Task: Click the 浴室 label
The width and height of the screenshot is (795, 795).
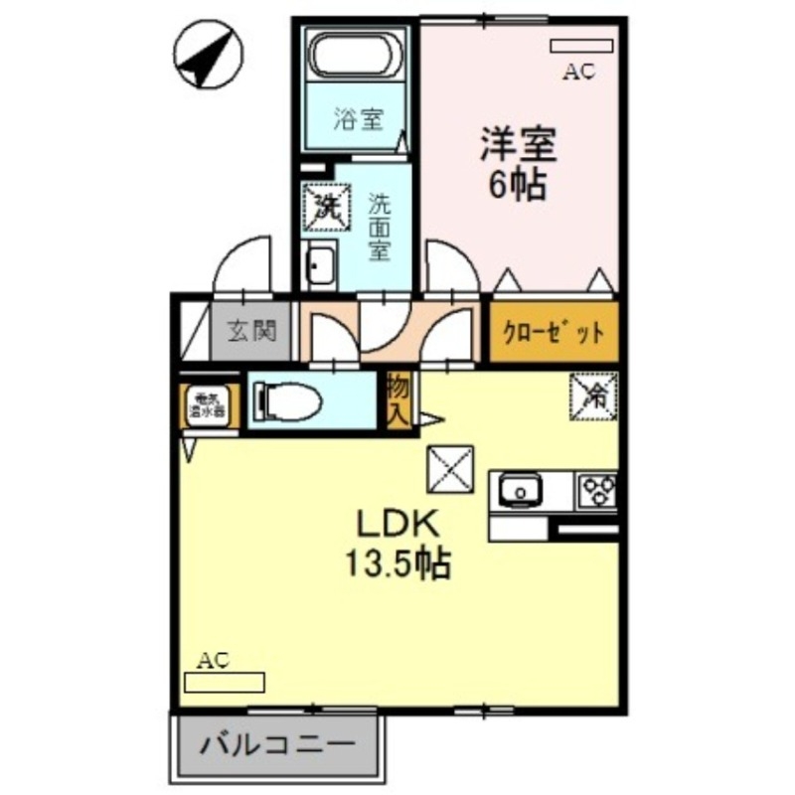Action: click(357, 119)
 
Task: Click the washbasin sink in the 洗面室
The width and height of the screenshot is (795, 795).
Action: click(321, 265)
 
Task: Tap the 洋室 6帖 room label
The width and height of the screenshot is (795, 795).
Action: click(517, 164)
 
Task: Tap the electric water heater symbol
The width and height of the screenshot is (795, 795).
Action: click(210, 404)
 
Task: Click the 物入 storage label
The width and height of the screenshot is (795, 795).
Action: click(398, 399)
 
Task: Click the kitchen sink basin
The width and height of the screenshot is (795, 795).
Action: click(518, 490)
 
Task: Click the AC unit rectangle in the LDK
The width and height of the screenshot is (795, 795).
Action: click(225, 682)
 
